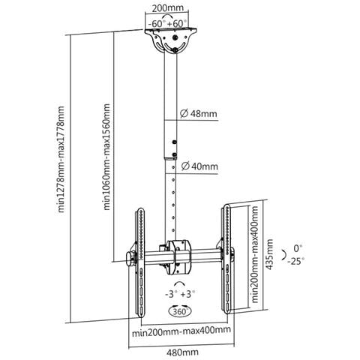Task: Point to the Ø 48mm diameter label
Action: pos(199,114)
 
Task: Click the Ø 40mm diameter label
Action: pos(199,166)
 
